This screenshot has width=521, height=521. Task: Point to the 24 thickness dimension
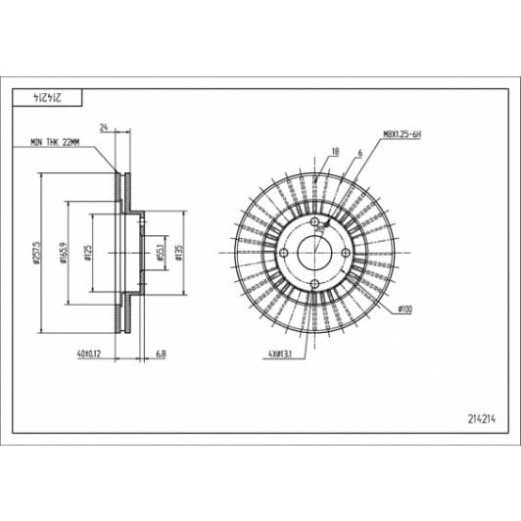click(104, 127)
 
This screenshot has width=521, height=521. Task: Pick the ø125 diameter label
click(88, 254)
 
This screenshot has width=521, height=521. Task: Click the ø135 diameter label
click(178, 254)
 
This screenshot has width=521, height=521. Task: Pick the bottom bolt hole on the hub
click(313, 285)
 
